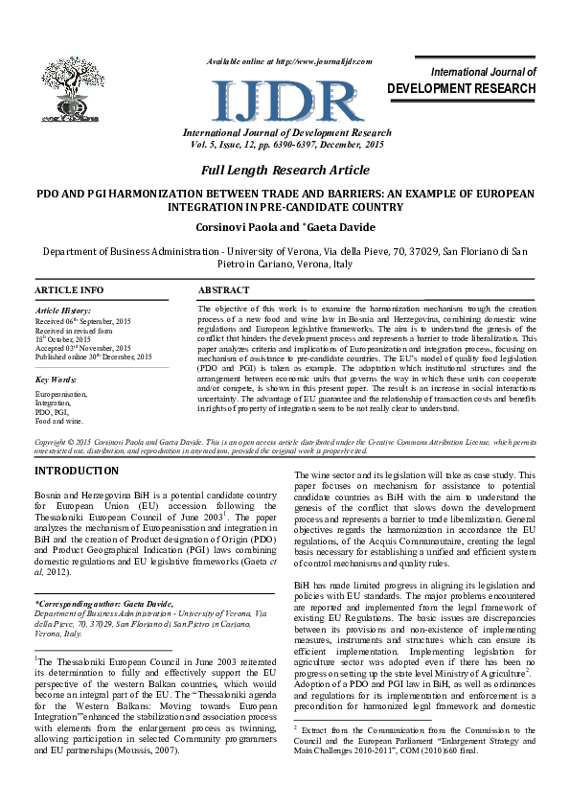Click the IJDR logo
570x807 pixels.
tap(285, 97)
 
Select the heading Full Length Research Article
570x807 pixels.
tap(285, 170)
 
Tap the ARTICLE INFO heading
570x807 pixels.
tap(69, 289)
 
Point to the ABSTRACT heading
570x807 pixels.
tap(223, 289)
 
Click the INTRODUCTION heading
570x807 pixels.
tap(77, 472)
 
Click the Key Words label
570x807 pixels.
tap(55, 379)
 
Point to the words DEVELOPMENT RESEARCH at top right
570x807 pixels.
tap(462, 88)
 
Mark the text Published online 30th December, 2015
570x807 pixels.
tap(94, 357)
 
